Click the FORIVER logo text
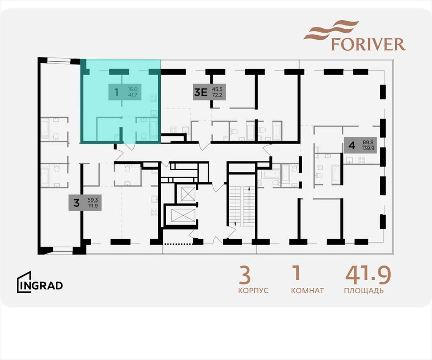click(368, 44)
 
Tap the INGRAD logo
click(40, 282)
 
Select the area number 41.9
click(368, 275)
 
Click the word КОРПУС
click(253, 290)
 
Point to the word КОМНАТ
click(308, 290)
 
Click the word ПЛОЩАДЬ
click(364, 291)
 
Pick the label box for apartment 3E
click(209, 92)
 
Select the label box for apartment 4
click(360, 145)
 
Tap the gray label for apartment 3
click(85, 203)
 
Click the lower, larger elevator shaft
click(183, 215)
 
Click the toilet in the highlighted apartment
click(143, 136)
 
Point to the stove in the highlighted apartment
click(154, 98)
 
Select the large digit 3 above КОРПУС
click(245, 275)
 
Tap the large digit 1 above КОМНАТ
click(297, 273)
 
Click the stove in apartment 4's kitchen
click(361, 160)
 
